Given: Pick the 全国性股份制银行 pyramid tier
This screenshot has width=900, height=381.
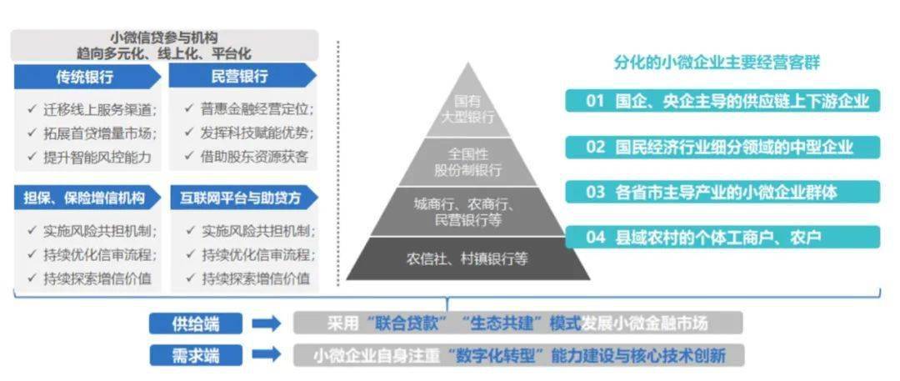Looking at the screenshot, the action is tap(468, 162).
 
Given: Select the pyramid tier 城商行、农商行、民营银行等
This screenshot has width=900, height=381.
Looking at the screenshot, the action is tap(467, 212).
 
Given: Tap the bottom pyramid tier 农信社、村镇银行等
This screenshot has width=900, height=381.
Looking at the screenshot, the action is tap(467, 258).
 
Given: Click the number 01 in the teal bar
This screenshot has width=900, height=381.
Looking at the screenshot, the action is tap(595, 101).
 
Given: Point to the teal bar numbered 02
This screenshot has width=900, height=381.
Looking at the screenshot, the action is tap(722, 147).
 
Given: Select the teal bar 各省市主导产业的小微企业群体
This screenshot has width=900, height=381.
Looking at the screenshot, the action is tap(722, 192).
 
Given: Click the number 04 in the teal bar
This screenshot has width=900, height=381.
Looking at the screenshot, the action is tap(595, 237).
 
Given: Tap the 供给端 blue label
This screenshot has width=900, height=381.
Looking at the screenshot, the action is tap(196, 323).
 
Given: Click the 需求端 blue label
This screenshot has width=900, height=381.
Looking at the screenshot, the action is tap(196, 355).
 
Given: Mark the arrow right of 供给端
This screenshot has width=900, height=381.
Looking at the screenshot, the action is tap(267, 323).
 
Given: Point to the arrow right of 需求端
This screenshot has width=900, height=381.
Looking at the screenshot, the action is tap(267, 354).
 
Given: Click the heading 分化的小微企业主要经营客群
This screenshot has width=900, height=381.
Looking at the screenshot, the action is tap(717, 62).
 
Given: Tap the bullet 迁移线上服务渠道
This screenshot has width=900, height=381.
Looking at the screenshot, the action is tap(92, 109).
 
